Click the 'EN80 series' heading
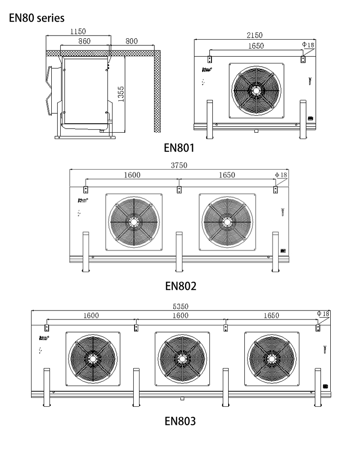tap(36, 18)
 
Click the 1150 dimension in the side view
tap(78, 32)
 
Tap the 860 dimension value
tap(84, 41)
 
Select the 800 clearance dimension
tap(131, 41)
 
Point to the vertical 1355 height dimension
tap(121, 94)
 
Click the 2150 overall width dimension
tap(254, 35)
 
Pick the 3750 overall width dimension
tap(179, 165)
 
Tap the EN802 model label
tap(180, 285)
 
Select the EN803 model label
tap(180, 421)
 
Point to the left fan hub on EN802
tap(134, 221)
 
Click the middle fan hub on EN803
tap(182, 359)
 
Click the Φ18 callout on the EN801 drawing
tap(308, 45)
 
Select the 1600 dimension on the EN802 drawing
tap(132, 175)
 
